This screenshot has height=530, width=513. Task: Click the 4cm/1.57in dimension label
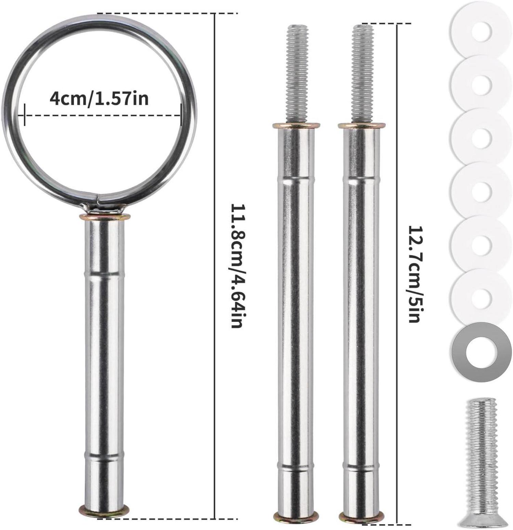coord(99,99)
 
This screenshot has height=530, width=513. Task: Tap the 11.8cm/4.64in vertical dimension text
coord(236,266)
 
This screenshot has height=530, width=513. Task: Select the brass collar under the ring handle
coord(105,217)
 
